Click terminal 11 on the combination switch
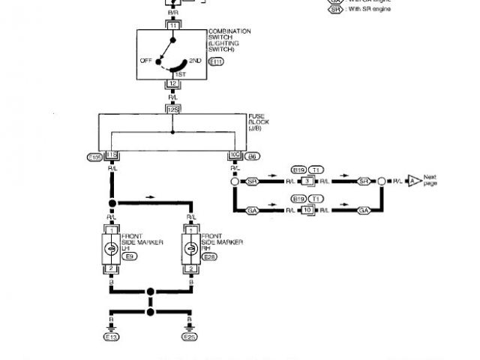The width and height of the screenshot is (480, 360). pos(172,25)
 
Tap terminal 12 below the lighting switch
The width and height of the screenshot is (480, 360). pos(172,84)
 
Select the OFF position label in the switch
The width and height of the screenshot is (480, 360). pos(145,60)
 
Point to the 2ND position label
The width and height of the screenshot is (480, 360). pos(196,60)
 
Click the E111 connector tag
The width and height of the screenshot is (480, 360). pos(216,62)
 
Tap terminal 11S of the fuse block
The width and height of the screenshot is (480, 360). pos(112,156)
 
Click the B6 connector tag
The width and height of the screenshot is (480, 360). pos(252,156)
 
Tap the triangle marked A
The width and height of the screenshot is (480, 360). pos(411,181)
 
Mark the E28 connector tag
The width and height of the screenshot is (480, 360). pos(210,257)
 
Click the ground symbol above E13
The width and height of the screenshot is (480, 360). pos(111,327)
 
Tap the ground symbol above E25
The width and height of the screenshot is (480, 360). pos(191,327)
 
